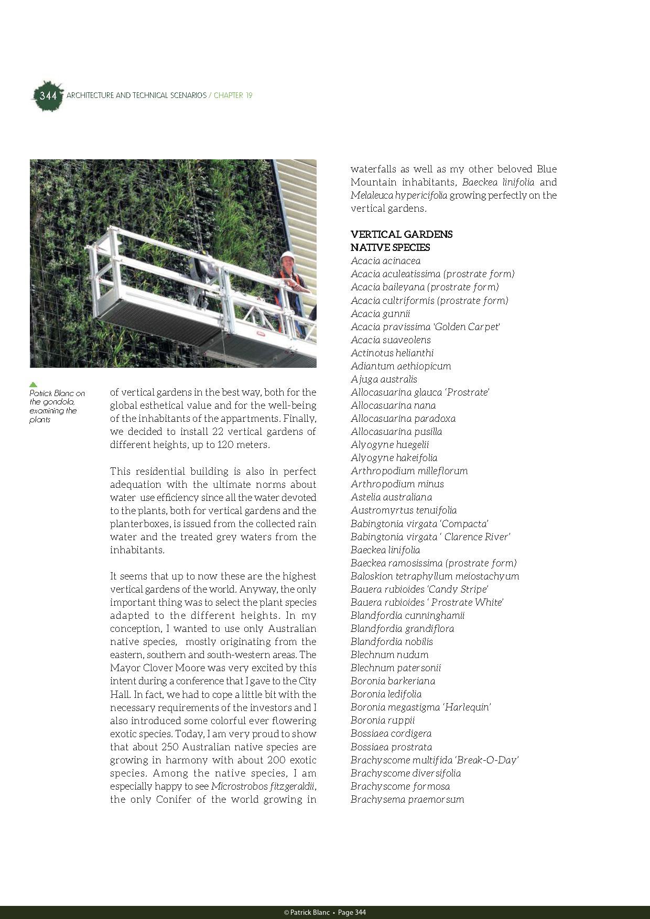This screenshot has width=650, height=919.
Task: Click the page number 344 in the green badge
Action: pos(48,96)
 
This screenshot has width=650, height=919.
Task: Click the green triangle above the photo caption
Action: pos(34,384)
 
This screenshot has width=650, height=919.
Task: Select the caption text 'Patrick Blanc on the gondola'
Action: pos(57,397)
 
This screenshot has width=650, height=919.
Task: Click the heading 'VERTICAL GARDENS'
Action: pos(402,234)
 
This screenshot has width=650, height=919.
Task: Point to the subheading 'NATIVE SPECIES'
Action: pos(391,247)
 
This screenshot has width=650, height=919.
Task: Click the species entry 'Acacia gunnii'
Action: pos(381,313)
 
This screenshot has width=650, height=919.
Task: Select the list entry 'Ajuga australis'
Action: pos(384,379)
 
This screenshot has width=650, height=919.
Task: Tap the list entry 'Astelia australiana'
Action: pos(392,497)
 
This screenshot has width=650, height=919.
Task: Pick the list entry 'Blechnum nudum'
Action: pos(389,654)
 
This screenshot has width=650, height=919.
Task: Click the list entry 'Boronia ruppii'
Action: pos(383,720)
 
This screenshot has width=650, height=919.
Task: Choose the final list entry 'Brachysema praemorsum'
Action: pos(407,799)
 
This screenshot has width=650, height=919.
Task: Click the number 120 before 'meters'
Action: pos(235,445)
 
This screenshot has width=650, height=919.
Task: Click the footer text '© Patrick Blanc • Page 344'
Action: pos(325,912)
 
